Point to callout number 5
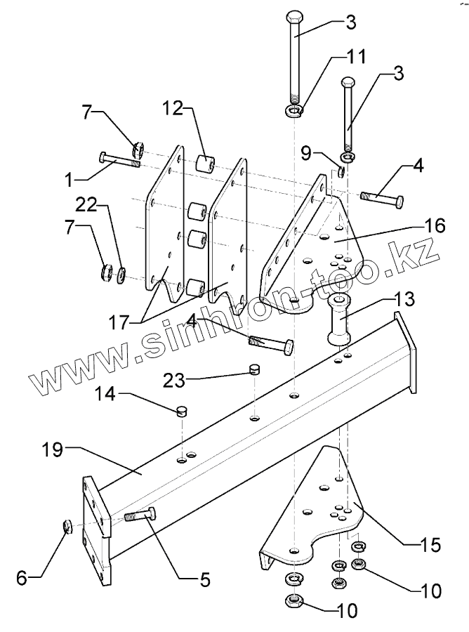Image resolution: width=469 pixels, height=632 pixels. click(204, 580)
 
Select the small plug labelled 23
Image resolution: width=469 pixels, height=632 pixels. click(256, 368)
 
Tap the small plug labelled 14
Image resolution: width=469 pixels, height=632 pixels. click(182, 410)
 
